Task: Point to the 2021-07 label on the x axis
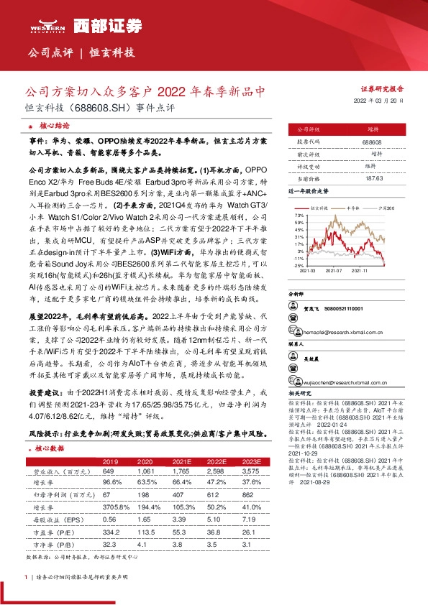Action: pyautogui.click(x=333, y=271)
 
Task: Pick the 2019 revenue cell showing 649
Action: pyautogui.click(x=109, y=471)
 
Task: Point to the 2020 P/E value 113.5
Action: pyautogui.click(x=147, y=532)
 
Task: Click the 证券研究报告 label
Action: pyautogui.click(x=381, y=88)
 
